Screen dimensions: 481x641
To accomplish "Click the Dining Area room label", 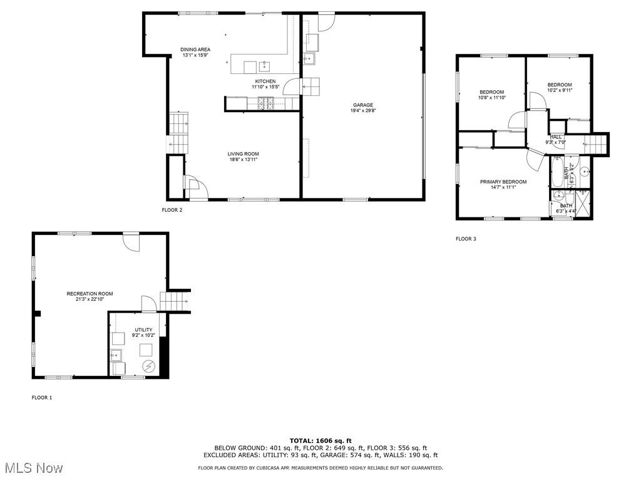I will point(195,49).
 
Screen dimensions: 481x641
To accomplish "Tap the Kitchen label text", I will point(265,81).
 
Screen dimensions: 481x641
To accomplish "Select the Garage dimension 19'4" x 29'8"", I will point(362,111).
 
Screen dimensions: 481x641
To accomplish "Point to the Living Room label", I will point(244,154).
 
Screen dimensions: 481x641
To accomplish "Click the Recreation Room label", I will point(90,293).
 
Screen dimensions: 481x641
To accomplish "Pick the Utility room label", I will point(143,329).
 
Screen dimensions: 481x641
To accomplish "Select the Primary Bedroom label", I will point(503,182).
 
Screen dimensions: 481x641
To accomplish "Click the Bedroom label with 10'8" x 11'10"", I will point(491,92).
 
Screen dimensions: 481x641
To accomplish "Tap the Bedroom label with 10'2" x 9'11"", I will point(560,85).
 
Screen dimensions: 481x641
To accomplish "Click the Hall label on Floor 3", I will point(556,137).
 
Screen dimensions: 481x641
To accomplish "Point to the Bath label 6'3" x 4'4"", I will point(566,206).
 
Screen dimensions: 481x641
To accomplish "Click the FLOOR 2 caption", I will point(172,210).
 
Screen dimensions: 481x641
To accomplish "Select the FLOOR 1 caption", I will point(42,398).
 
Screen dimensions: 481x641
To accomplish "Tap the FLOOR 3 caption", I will point(466,239).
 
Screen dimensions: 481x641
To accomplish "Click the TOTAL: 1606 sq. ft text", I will point(320,440).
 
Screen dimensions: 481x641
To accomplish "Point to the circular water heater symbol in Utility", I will point(149,365).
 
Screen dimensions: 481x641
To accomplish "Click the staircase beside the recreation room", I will point(175,301).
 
